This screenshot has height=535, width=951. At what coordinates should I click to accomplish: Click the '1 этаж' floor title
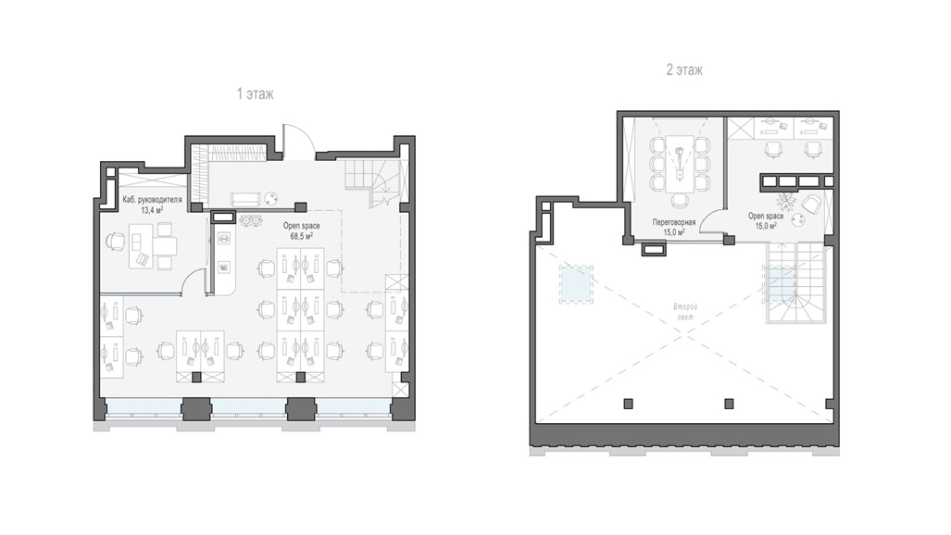click(256, 94)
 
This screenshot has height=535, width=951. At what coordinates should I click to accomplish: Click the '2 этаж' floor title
click(684, 69)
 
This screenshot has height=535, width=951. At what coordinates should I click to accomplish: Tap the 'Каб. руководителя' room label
click(152, 200)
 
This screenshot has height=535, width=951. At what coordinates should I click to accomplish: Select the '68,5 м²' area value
click(302, 237)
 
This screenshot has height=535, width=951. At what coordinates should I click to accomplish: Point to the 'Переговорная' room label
click(674, 223)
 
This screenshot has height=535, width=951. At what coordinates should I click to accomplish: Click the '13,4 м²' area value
click(152, 210)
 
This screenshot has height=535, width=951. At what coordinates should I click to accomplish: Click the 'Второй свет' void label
click(685, 312)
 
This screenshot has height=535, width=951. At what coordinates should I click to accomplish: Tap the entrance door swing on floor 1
click(298, 142)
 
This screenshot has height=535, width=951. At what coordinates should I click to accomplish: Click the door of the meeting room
click(713, 221)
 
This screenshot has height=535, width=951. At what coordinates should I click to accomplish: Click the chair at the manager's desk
click(116, 242)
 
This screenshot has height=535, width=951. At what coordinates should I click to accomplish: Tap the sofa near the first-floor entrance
click(245, 199)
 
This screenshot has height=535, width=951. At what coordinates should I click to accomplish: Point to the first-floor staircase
click(371, 183)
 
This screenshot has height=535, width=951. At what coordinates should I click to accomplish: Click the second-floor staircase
click(795, 282)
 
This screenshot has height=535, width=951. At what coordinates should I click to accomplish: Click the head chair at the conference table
click(680, 201)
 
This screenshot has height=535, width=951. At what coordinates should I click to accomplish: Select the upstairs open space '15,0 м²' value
click(766, 226)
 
